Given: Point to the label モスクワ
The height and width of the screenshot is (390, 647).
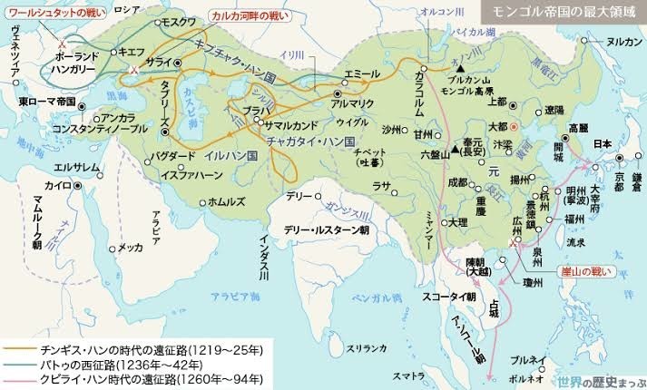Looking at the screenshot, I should (x=179, y=19).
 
